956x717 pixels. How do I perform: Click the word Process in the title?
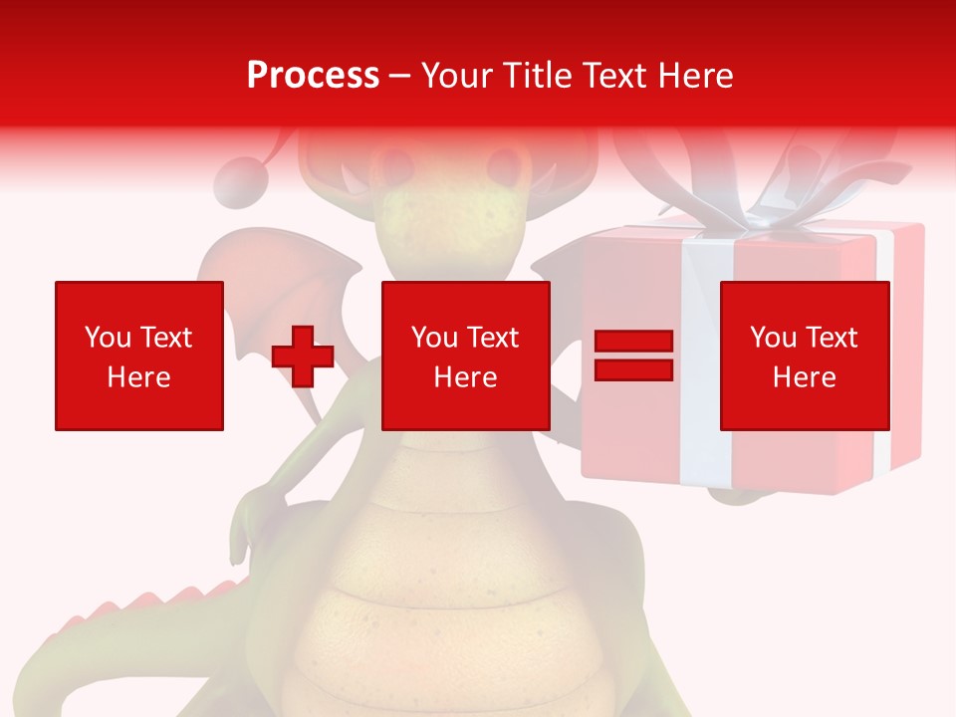tap(313, 76)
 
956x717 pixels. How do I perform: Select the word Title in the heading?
tap(538, 76)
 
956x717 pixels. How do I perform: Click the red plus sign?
tap(303, 357)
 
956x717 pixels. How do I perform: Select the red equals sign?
tap(633, 356)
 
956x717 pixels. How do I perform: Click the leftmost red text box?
tap(139, 356)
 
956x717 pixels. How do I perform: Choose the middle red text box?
tap(465, 356)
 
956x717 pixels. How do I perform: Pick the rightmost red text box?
tap(805, 356)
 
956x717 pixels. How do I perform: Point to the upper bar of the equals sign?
tap(633, 342)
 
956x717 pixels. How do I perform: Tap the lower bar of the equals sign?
tap(633, 369)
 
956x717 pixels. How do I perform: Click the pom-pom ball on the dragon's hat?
tap(238, 183)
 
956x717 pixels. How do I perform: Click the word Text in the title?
tap(612, 76)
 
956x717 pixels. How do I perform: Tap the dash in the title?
tap(400, 76)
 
